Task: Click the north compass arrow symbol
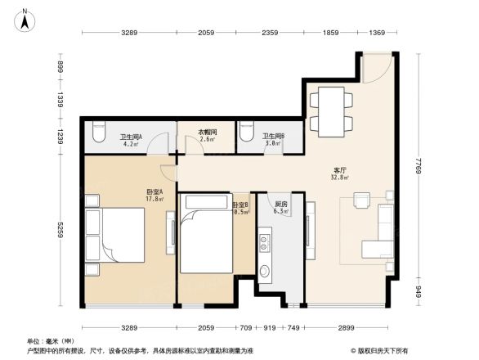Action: click(x=25, y=19)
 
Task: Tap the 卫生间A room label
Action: click(x=131, y=137)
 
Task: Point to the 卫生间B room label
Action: click(x=272, y=137)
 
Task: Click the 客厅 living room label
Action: click(x=340, y=169)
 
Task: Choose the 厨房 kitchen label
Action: click(x=280, y=204)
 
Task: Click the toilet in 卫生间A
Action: click(x=99, y=131)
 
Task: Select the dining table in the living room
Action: click(x=330, y=111)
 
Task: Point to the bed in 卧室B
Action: click(x=207, y=233)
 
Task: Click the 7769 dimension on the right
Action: click(x=418, y=170)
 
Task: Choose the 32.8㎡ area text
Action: click(x=340, y=178)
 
